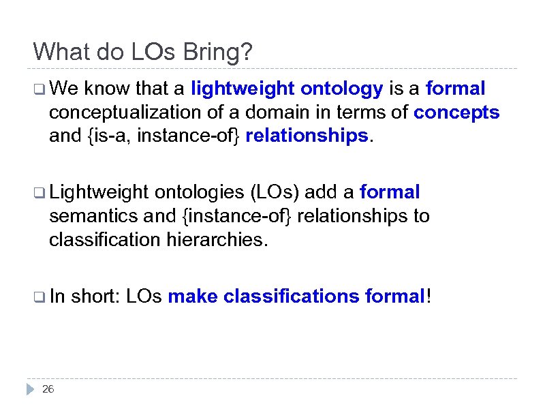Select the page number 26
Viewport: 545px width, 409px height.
click(48, 389)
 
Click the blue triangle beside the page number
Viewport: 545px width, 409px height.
click(30, 389)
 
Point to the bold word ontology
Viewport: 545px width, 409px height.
click(343, 89)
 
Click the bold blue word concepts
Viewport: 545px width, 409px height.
click(456, 112)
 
